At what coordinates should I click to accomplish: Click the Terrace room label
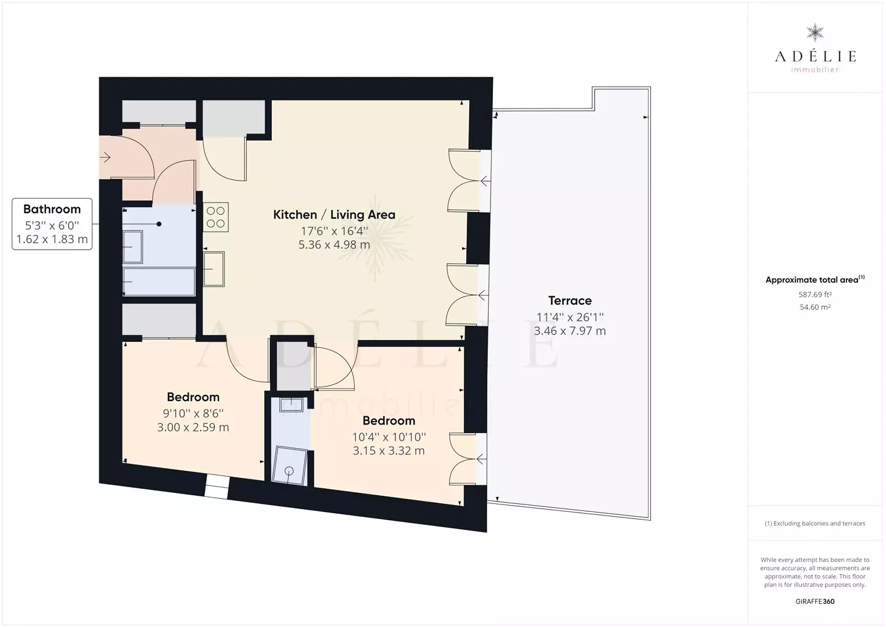tap(570, 301)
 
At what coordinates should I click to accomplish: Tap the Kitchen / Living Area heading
tap(334, 215)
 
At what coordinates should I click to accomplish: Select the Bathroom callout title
tap(52, 209)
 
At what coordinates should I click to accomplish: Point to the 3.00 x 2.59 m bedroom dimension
tap(193, 427)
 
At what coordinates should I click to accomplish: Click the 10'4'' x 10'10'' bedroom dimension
tap(389, 437)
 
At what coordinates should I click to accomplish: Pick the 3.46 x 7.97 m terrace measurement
tap(570, 331)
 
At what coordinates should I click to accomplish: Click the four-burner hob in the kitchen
tap(215, 217)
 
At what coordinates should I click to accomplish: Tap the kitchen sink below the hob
tap(214, 269)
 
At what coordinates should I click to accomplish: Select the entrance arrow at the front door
tap(105, 157)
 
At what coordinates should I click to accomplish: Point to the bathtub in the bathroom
tap(159, 281)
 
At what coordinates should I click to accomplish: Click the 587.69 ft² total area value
tap(815, 294)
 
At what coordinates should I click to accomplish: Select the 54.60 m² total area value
tap(815, 307)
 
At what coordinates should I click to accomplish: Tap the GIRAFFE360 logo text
tap(815, 601)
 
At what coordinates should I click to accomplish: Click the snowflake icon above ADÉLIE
tap(815, 33)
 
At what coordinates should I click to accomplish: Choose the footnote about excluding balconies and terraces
tap(815, 523)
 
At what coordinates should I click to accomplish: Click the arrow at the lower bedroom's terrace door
tap(481, 459)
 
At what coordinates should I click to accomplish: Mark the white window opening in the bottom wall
tap(217, 487)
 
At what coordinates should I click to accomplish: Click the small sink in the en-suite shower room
tap(291, 405)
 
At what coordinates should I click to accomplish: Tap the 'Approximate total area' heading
tap(815, 280)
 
